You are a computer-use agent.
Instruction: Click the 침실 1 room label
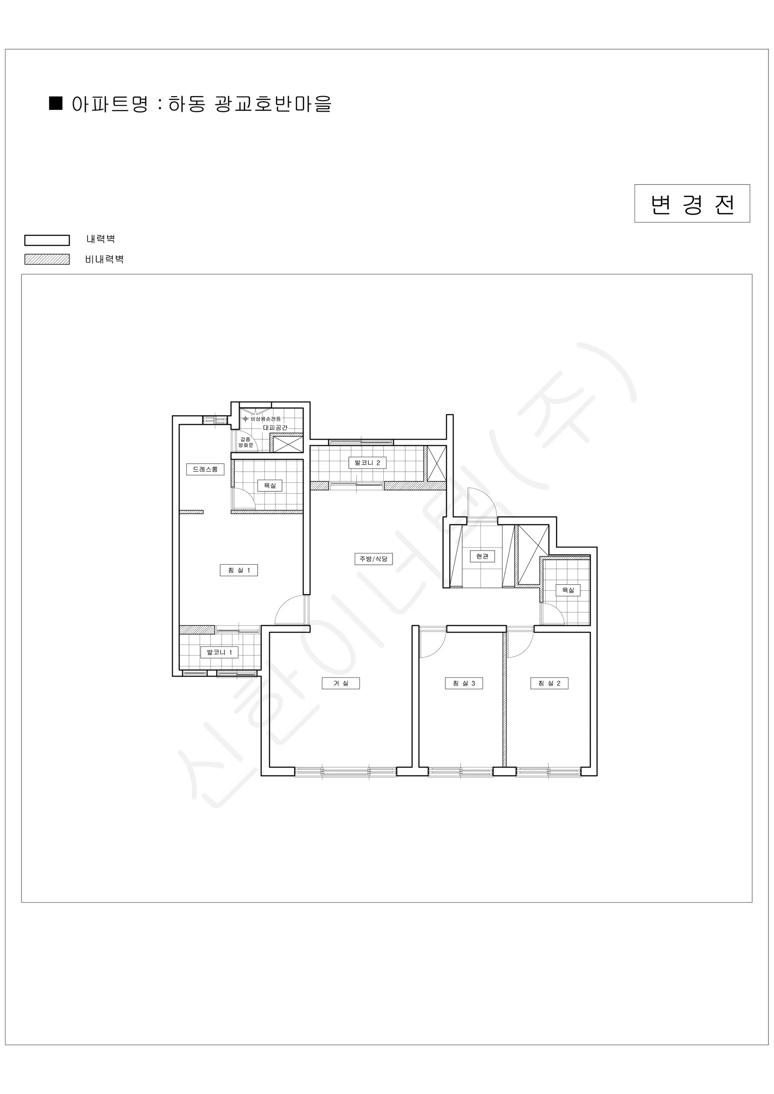(239, 570)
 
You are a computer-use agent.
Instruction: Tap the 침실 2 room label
(550, 683)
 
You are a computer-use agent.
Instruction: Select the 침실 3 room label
(464, 683)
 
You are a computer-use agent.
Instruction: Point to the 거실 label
(341, 683)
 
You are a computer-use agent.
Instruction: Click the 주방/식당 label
(374, 558)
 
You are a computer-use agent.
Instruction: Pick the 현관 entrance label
(482, 556)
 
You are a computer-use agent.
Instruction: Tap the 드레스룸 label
(205, 470)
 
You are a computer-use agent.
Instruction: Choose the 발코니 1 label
(219, 652)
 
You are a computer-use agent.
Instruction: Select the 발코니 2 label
(367, 463)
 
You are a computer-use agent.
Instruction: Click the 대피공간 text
(275, 428)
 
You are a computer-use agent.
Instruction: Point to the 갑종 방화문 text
(246, 442)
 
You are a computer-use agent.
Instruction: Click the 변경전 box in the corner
(692, 203)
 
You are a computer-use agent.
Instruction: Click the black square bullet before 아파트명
(56, 103)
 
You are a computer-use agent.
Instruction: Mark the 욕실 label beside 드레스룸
(270, 485)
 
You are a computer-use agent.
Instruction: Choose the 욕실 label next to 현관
(568, 590)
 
